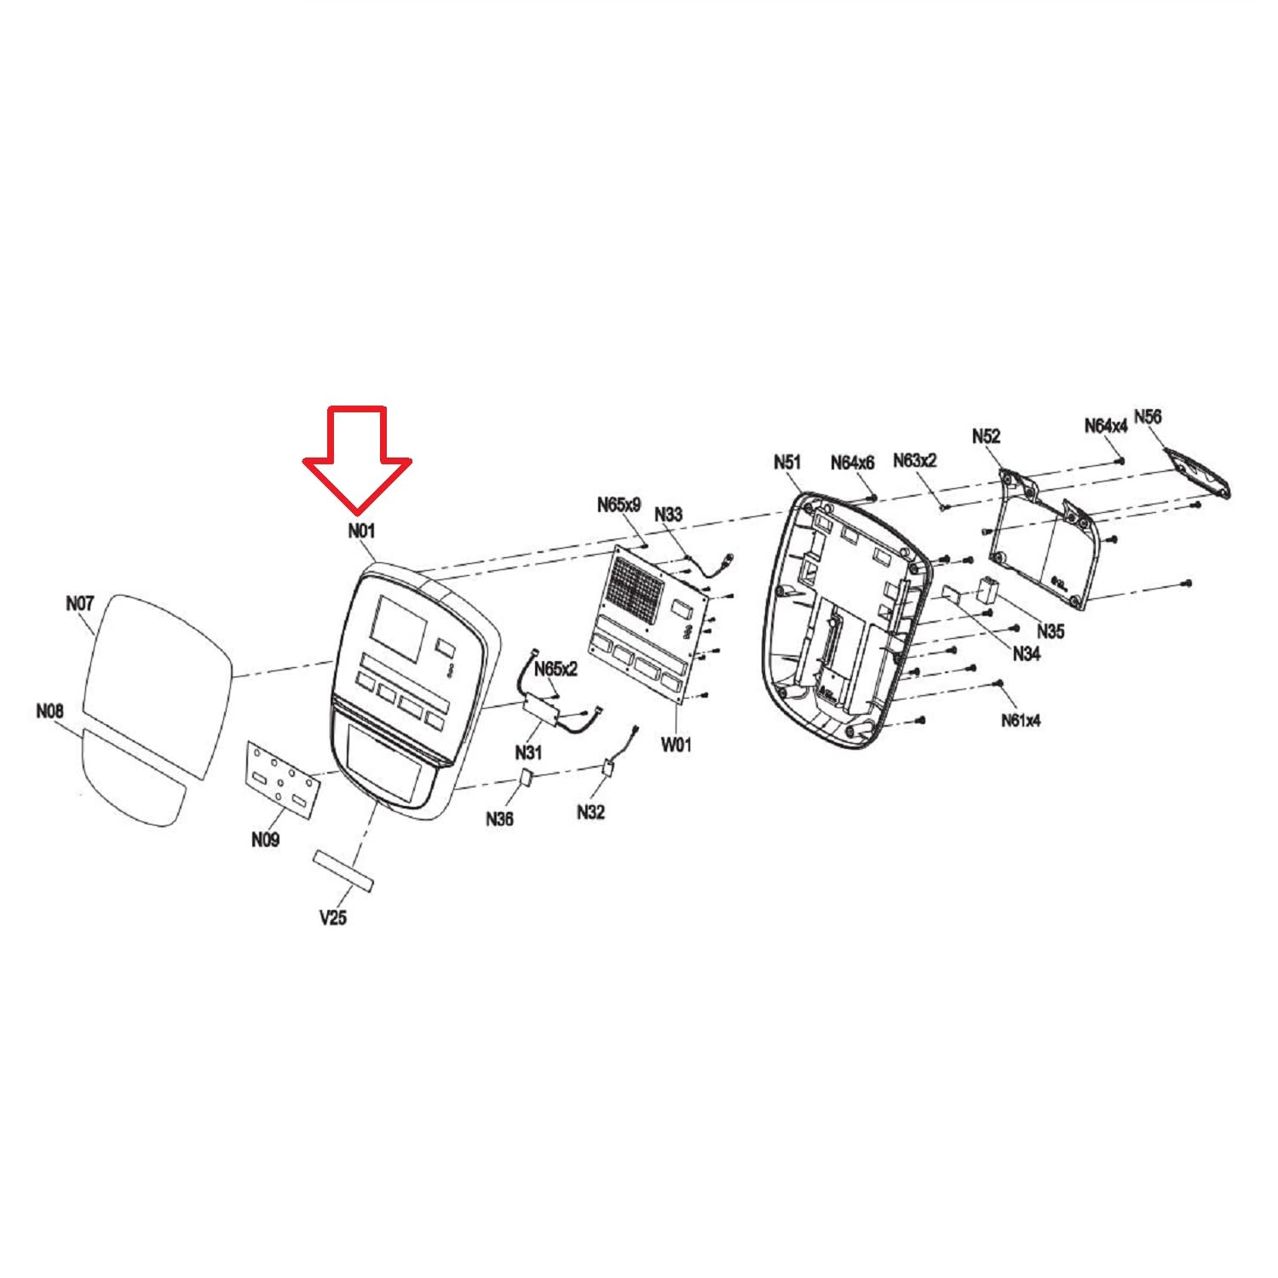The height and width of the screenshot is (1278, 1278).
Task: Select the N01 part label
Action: click(361, 531)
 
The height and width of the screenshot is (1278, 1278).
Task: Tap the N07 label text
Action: click(79, 603)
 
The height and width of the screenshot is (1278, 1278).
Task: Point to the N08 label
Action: click(49, 711)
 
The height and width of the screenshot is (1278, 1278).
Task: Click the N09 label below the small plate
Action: click(265, 840)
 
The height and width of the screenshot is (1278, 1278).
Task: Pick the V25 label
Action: click(333, 918)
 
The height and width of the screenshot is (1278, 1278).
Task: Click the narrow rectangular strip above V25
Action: click(344, 869)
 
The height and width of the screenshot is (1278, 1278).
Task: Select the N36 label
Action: click(500, 819)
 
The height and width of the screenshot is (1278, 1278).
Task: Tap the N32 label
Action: click(590, 812)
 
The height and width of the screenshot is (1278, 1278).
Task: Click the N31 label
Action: click(529, 752)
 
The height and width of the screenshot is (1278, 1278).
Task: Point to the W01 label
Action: click(676, 745)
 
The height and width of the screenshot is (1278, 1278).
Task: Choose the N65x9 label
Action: click(619, 504)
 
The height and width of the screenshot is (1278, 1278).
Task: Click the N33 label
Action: click(668, 515)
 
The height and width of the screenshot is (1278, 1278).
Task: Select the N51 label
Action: click(787, 462)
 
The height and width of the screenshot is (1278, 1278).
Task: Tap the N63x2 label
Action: click(915, 460)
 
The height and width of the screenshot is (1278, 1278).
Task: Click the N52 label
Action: click(987, 436)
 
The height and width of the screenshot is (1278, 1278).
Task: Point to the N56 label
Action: click(1148, 417)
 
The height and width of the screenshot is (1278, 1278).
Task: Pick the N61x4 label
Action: click(1021, 721)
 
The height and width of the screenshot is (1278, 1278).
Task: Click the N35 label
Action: click(1051, 631)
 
